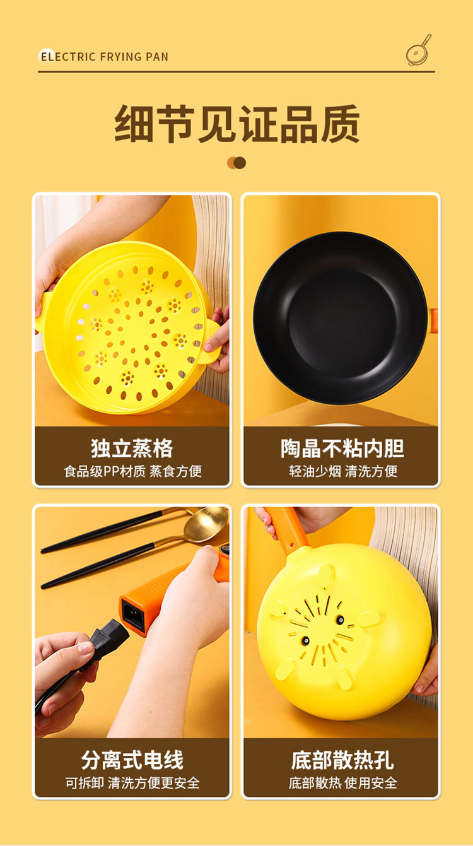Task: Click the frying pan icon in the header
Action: [x=418, y=50]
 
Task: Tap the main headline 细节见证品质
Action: [x=237, y=124]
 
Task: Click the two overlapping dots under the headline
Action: [x=237, y=163]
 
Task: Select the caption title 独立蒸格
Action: [x=132, y=449]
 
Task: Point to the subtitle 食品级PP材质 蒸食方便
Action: [x=132, y=471]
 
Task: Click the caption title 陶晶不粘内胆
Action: [x=342, y=449]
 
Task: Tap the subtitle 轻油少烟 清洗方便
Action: [x=343, y=471]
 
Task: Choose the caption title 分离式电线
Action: [x=132, y=760]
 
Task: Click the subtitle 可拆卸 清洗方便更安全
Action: [x=132, y=783]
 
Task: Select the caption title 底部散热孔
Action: [x=342, y=760]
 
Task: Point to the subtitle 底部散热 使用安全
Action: [x=342, y=783]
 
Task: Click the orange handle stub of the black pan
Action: [x=434, y=321]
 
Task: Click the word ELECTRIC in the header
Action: [x=68, y=57]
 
